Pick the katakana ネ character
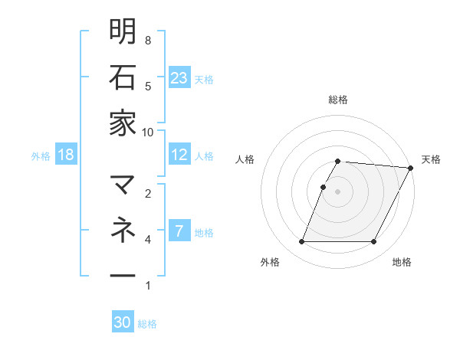click(x=123, y=230)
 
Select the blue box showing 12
click(x=179, y=155)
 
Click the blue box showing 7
click(x=179, y=231)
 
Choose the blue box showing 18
click(x=66, y=155)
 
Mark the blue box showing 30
click(x=123, y=322)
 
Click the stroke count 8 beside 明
click(x=148, y=40)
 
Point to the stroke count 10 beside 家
click(x=148, y=132)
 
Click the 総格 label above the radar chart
click(x=338, y=100)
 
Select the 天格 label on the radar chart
click(x=431, y=159)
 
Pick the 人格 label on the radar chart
click(x=245, y=159)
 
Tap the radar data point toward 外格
click(x=301, y=242)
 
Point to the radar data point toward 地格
click(x=374, y=242)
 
